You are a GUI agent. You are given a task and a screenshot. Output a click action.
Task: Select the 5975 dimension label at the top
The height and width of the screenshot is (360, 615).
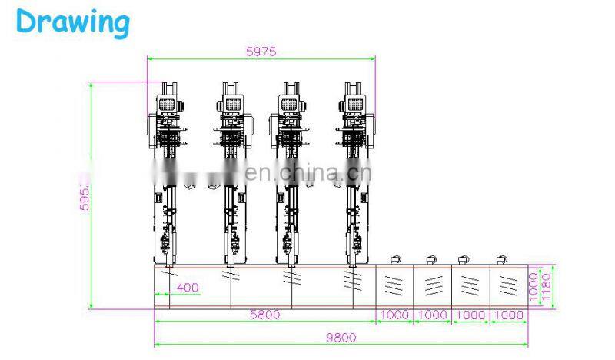261,52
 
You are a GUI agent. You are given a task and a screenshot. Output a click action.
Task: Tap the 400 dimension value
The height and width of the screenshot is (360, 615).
186,288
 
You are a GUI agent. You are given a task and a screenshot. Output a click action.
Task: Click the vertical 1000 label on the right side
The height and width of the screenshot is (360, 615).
534,285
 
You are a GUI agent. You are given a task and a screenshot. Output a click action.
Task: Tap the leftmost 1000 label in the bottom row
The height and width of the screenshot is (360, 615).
394,315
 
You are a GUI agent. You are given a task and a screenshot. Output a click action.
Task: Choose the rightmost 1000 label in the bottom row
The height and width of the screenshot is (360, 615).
509,315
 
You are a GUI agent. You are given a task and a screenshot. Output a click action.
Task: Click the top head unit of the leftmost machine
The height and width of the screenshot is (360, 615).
168,104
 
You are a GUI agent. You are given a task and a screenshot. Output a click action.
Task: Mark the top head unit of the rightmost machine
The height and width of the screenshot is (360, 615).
354,104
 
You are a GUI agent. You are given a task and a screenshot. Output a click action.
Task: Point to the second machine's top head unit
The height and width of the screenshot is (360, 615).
231,104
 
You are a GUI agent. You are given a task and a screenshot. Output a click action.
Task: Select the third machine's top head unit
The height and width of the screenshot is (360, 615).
291,104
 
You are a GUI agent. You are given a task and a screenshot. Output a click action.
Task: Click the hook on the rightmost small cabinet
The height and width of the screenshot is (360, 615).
502,258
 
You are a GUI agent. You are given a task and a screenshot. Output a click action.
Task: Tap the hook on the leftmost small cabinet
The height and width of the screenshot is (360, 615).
395,258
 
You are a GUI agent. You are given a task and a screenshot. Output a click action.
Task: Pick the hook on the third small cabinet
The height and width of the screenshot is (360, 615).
464,258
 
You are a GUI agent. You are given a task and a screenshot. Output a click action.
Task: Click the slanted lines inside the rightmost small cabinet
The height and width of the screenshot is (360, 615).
507,285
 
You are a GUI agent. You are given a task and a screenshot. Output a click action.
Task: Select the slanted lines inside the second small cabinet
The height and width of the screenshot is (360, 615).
433,285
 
